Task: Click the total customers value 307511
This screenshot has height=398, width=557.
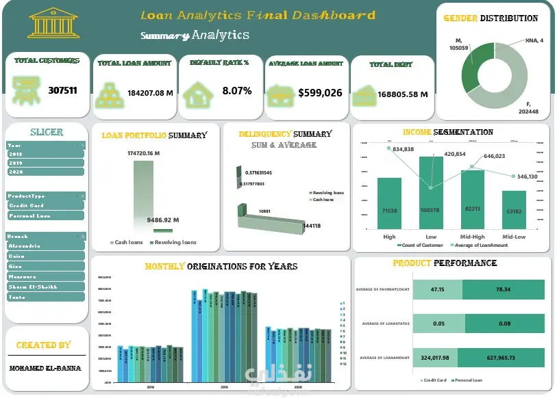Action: tap(62, 90)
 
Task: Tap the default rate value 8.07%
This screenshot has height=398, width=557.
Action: tap(236, 90)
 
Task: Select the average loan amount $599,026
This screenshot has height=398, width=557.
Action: tap(320, 92)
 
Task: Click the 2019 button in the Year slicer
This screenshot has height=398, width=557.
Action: tap(46, 163)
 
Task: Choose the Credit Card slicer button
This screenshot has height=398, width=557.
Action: tap(46, 205)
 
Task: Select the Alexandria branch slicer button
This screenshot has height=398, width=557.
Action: tap(46, 246)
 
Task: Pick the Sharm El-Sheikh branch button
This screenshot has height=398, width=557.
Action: tap(46, 287)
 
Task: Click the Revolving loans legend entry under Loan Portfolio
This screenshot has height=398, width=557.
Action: tap(175, 242)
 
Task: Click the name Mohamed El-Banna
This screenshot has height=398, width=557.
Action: tap(45, 368)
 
